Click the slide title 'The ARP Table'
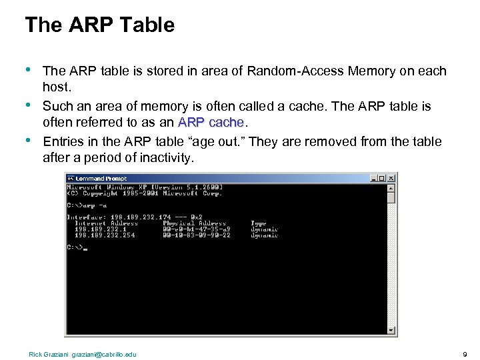(x=99, y=25)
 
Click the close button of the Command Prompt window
(x=391, y=178)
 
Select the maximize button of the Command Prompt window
(x=383, y=178)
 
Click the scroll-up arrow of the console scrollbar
(x=391, y=187)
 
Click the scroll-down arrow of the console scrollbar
(x=391, y=329)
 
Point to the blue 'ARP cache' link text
(x=212, y=123)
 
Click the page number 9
(x=464, y=354)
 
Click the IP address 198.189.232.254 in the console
(x=105, y=235)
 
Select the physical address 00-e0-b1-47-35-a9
(x=197, y=229)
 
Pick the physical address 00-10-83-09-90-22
(x=197, y=235)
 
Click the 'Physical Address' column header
(x=195, y=223)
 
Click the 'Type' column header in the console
(x=258, y=223)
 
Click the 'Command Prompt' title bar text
(x=101, y=178)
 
